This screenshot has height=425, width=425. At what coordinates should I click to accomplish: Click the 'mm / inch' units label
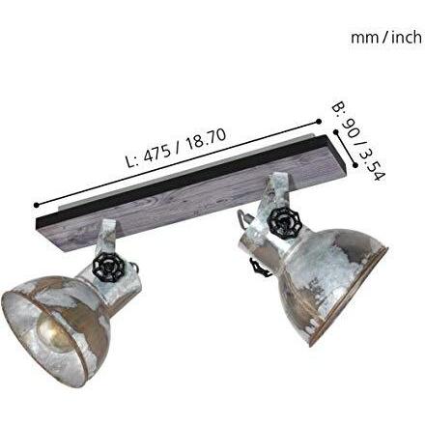pyautogui.click(x=386, y=38)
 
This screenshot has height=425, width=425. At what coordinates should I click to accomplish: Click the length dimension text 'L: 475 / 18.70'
pyautogui.click(x=176, y=148)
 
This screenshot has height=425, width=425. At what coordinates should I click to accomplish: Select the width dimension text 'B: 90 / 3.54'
pyautogui.click(x=358, y=141)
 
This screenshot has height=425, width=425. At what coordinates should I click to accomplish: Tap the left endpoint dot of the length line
pyautogui.click(x=37, y=205)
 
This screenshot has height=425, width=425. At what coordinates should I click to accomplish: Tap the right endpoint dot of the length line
pyautogui.click(x=319, y=122)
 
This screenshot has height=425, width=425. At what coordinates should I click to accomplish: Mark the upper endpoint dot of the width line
pyautogui.click(x=336, y=132)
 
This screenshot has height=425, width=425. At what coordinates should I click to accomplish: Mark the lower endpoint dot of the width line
pyautogui.click(x=355, y=165)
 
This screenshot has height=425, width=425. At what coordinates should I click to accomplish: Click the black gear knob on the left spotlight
pyautogui.click(x=108, y=269)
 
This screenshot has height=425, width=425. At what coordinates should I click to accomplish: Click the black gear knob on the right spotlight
pyautogui.click(x=283, y=224)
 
